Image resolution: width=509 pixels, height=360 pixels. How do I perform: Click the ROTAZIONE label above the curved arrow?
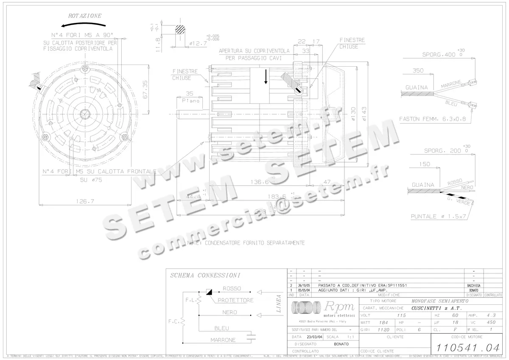click(85, 16)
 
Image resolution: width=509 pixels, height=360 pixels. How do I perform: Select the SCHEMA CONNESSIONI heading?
click(205, 276)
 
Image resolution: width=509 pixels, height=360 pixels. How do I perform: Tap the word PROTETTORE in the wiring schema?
click(235, 300)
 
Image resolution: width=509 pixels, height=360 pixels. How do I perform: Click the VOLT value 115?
click(401, 315)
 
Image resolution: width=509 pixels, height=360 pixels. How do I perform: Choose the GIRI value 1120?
click(383, 329)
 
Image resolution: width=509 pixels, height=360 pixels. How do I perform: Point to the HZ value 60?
click(455, 315)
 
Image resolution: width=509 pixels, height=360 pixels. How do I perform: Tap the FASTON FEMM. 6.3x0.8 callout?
click(432, 119)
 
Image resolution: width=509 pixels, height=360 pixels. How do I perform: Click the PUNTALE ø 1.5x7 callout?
click(438, 217)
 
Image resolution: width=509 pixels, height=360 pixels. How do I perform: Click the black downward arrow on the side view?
click(266, 77)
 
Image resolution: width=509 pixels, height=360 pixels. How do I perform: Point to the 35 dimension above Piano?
click(189, 94)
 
